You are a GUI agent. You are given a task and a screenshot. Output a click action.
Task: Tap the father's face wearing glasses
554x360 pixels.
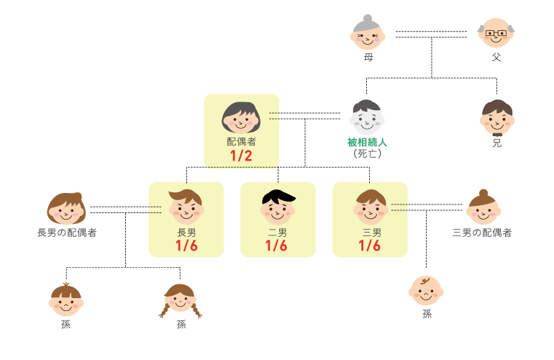click(497, 33)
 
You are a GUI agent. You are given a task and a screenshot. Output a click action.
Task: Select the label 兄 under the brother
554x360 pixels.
click(497, 143)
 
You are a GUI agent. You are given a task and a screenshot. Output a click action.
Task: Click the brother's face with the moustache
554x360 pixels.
click(497, 118)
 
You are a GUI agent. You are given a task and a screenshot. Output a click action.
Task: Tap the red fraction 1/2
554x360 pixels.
click(241, 156)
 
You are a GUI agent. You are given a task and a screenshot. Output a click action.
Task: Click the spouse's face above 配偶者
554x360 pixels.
click(241, 118)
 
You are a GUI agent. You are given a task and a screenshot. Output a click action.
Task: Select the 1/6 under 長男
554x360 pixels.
click(186, 246)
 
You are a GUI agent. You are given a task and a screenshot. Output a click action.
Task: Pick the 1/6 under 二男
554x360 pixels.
click(277, 246)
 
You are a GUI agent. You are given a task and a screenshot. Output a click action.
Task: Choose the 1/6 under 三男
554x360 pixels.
click(369, 246)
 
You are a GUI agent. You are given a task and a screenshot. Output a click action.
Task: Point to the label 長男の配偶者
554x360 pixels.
click(67, 233)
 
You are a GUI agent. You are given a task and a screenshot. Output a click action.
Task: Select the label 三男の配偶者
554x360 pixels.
click(482, 233)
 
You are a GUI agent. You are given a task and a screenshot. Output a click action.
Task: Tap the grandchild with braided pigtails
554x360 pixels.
click(180, 300)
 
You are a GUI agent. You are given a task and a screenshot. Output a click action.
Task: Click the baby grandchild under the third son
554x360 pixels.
click(426, 291)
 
